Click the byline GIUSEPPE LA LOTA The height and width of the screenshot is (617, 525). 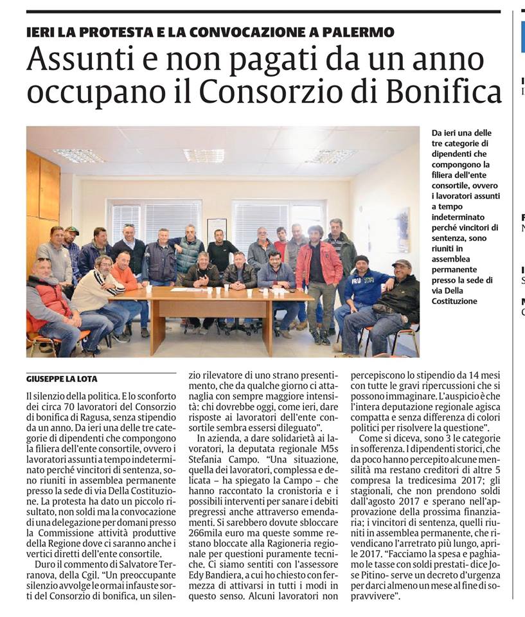[x=62, y=379]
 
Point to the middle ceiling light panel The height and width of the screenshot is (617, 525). [x=204, y=155]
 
